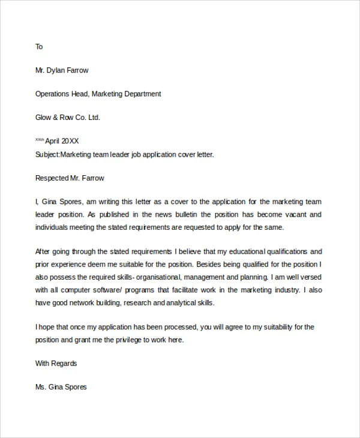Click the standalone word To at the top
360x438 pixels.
[x=39, y=47]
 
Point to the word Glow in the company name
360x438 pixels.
[x=44, y=118]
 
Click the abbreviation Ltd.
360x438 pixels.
[x=94, y=118]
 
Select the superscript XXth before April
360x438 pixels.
[x=40, y=139]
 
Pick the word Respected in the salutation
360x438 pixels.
[x=51, y=178]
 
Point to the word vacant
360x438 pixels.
[x=310, y=214]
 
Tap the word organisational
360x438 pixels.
[x=157, y=278]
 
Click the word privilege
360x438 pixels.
[x=125, y=340]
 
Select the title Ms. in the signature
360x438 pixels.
[x=41, y=387]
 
